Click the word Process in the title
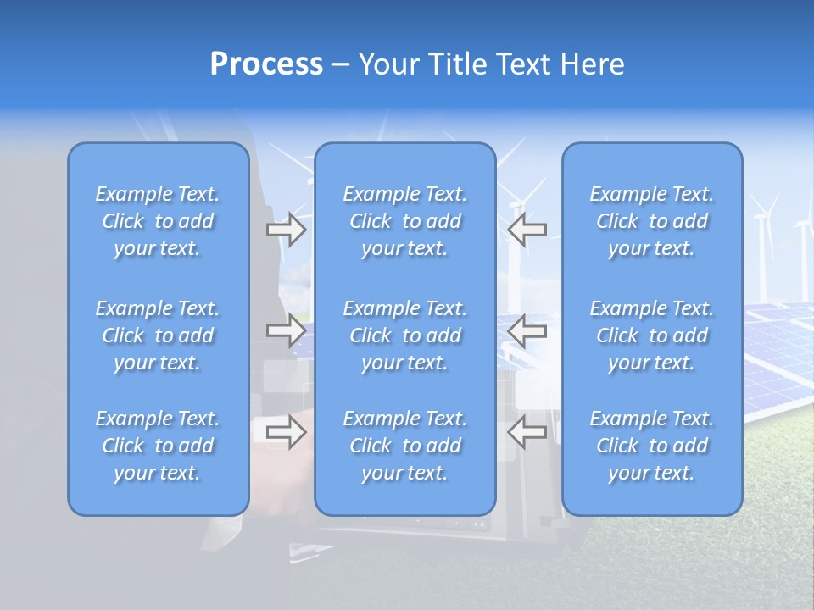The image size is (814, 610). tap(266, 64)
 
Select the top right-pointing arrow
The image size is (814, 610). tap(287, 230)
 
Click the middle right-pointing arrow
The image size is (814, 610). tap(287, 330)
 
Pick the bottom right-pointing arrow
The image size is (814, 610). tap(287, 433)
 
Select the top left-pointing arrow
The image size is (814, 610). tap(527, 230)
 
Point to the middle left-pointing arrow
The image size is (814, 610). tap(527, 330)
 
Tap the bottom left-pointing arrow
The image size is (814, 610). tap(527, 433)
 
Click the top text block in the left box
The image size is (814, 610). tap(158, 221)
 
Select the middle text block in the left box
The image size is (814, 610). tap(158, 335)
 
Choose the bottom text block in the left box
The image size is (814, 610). tap(158, 446)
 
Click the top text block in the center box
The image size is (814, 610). tap(405, 221)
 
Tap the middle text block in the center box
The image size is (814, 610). tap(405, 335)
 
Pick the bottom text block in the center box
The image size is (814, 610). tap(405, 446)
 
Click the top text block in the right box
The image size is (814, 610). tap(652, 221)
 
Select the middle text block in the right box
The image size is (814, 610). tap(652, 335)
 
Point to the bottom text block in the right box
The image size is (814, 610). tap(652, 446)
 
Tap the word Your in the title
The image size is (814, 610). tap(388, 64)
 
